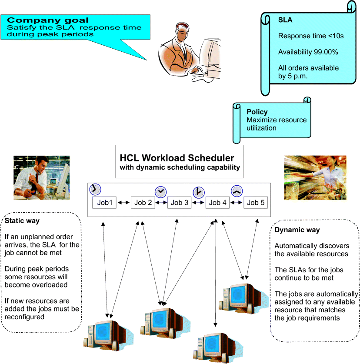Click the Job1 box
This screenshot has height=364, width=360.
(x=104, y=203)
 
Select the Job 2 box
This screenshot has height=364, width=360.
(x=143, y=203)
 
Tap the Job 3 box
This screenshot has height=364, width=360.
(x=180, y=203)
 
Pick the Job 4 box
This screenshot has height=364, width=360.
(x=218, y=203)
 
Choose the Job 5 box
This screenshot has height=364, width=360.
(x=256, y=203)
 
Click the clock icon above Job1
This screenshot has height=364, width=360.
(x=95, y=189)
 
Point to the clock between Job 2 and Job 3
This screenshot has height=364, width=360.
(x=161, y=191)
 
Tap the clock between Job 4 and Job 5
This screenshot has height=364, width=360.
(x=237, y=191)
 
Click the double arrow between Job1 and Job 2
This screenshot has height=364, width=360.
(x=123, y=203)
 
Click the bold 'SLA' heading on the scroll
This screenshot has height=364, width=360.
(x=285, y=20)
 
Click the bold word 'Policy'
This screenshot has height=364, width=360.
(x=257, y=112)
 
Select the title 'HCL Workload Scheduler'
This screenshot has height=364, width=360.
(x=177, y=157)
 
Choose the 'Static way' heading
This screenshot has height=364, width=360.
(x=22, y=221)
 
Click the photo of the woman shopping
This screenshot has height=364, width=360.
(x=315, y=177)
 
